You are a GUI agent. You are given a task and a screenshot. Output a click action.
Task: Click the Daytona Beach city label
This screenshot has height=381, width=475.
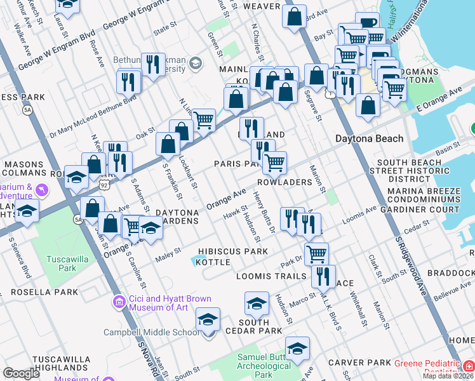point(369,138)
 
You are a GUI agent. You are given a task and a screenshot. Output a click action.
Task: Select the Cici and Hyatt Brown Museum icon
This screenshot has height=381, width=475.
point(117,302)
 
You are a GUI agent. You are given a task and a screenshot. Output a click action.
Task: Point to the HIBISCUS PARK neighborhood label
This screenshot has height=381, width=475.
point(232,251)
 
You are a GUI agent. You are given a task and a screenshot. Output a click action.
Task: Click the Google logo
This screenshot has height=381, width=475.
point(21,374)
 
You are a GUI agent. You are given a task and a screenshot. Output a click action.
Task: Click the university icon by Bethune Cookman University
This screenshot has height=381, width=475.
point(194,62)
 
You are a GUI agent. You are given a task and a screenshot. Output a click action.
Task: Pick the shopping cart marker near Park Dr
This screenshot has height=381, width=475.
point(316,253)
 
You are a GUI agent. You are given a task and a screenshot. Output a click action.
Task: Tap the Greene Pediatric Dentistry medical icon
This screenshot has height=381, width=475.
point(469,367)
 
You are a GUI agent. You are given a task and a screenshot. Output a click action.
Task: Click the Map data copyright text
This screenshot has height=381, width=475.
point(448,376)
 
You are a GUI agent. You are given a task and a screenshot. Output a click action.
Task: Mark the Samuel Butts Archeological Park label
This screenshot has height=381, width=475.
point(264,366)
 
